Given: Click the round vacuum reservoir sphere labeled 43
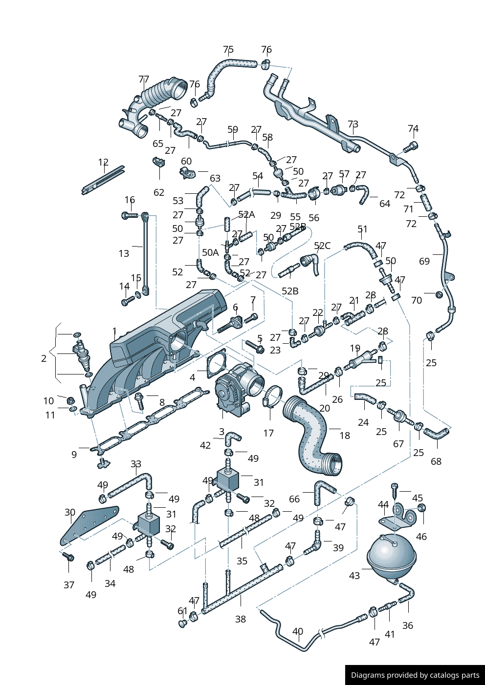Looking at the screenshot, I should pos(391,557).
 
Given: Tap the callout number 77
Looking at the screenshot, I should pos(144,79).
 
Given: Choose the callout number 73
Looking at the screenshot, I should pos(353,124).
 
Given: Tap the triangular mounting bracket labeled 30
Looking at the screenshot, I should pos(88,525).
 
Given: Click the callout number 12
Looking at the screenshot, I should pos(103,162).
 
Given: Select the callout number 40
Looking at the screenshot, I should pos(298,631).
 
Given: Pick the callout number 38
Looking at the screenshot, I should pos(241,619).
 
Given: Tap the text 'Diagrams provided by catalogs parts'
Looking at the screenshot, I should pos(415,675).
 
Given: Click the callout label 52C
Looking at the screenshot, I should pos(322,246).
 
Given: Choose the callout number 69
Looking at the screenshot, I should pos(424,261).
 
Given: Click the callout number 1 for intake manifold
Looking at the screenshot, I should pos(114,331).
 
